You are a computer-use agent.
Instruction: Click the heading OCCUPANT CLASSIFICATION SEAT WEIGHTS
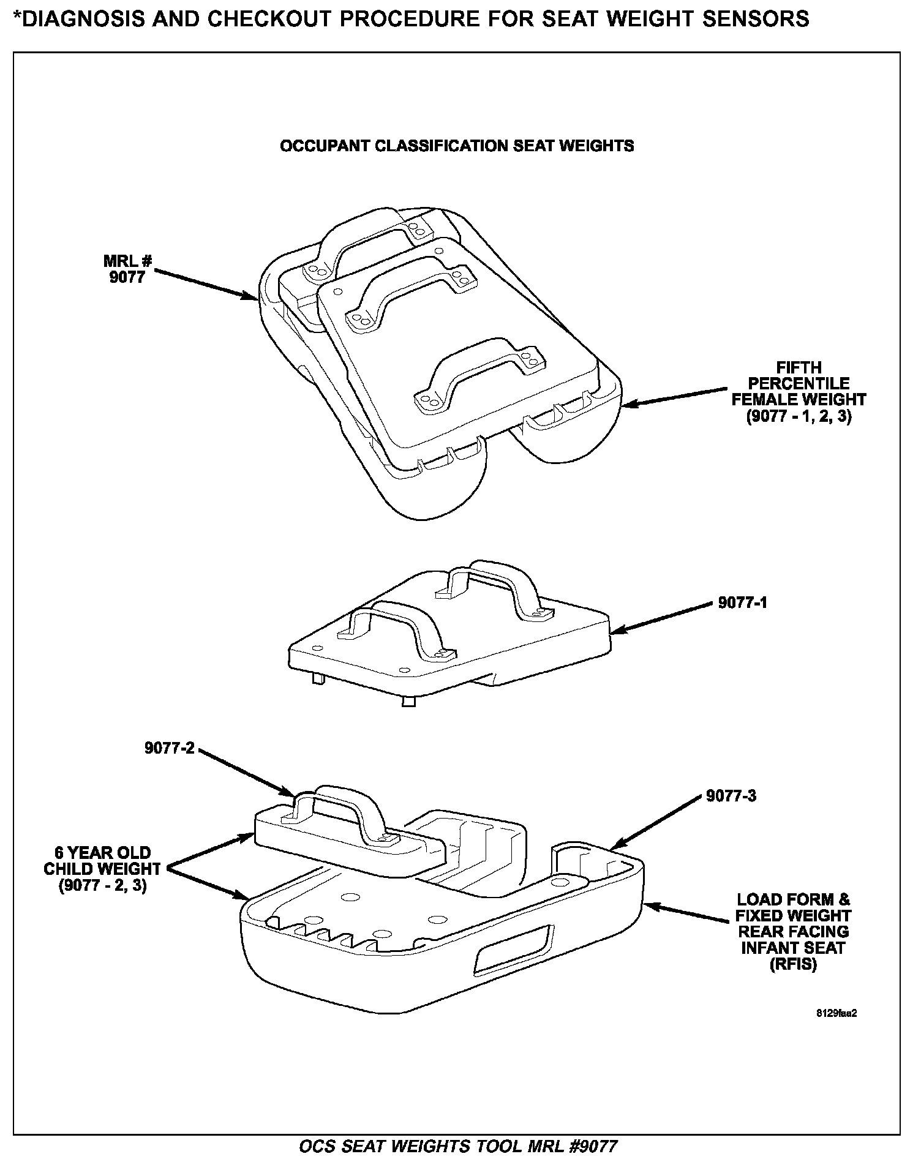coord(456,146)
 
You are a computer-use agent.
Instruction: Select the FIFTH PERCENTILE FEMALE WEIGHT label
coord(799,392)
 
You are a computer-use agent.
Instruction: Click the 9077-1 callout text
coord(742,602)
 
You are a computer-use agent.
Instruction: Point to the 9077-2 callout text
coord(169,748)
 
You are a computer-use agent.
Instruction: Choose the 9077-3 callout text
coord(731,795)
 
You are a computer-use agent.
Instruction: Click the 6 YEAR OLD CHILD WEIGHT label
coord(102,869)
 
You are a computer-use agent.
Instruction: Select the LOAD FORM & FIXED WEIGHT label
coord(793,932)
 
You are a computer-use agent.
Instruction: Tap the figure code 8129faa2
coord(836,1013)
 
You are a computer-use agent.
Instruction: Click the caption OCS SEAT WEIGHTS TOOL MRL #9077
coord(457,1145)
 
